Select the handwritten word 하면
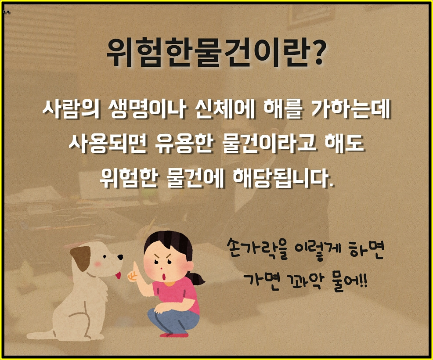coord(364,251)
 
